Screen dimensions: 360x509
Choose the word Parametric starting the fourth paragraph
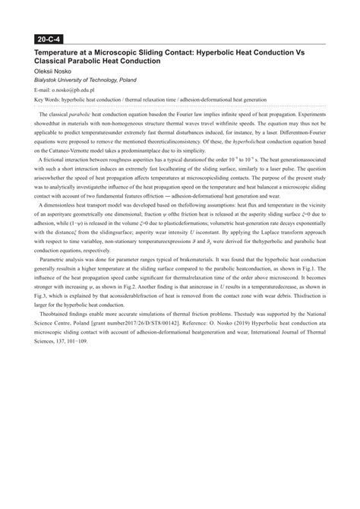[56, 302]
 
